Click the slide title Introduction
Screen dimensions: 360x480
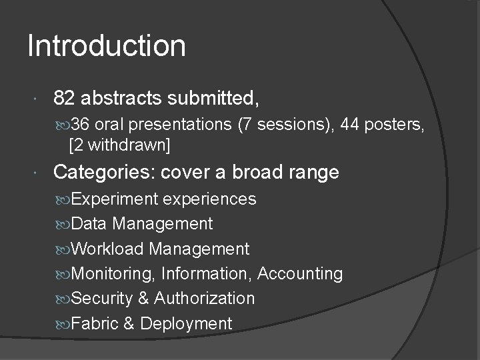(x=107, y=47)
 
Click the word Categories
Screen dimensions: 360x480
(x=101, y=173)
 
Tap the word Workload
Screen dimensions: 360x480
(x=107, y=249)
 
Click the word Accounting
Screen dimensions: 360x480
(x=300, y=274)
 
